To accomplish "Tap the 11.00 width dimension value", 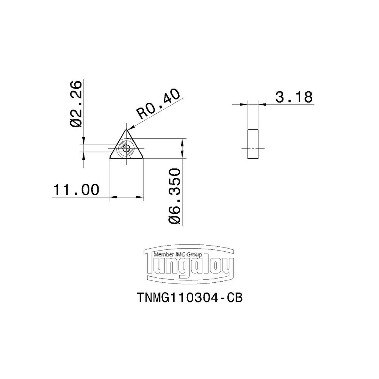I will click(x=76, y=190).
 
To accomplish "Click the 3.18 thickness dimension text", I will click(x=294, y=97).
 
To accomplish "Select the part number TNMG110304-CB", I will click(x=189, y=298).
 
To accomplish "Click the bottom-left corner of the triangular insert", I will click(x=111, y=157).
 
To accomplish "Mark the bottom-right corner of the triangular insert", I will click(x=143, y=157).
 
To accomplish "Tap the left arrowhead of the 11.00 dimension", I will click(x=112, y=197).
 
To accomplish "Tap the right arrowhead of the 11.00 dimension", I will click(x=141, y=197).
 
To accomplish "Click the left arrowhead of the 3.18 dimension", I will click(x=244, y=104).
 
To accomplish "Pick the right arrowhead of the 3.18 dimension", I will click(x=262, y=104).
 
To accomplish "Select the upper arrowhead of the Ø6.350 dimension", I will click(x=183, y=142).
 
